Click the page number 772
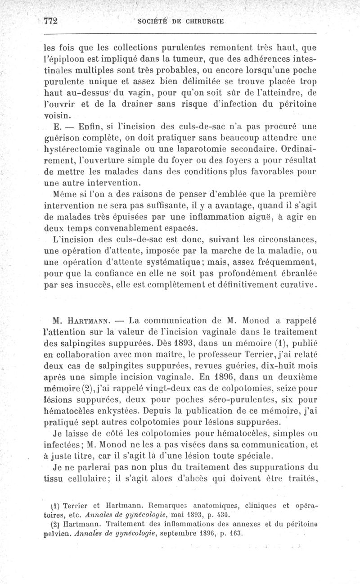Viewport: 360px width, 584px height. click(52, 21)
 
